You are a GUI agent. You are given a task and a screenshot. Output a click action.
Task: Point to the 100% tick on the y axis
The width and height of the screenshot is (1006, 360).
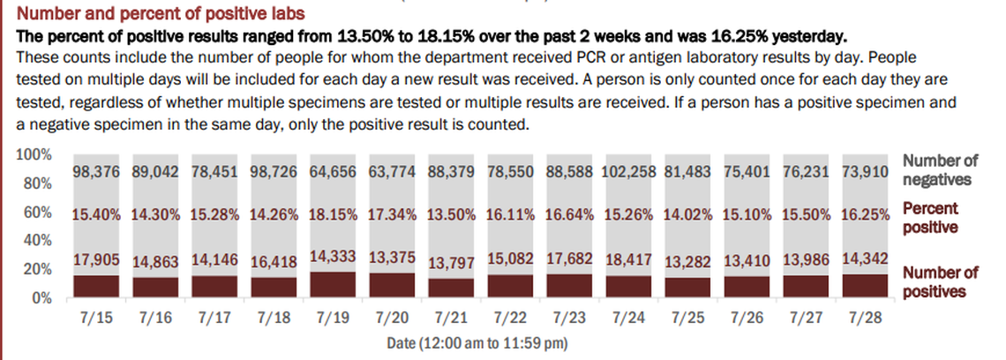pyautogui.click(x=34, y=155)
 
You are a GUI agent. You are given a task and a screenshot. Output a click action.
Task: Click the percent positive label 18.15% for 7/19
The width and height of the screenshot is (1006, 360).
pyautogui.click(x=332, y=214)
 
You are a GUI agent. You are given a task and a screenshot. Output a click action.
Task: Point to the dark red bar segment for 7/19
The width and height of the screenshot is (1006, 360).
pyautogui.click(x=332, y=284)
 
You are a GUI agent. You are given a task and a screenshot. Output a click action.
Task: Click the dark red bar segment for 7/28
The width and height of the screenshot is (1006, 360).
pyautogui.click(x=863, y=286)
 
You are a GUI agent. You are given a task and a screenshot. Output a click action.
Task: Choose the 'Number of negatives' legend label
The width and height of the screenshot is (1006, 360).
pyautogui.click(x=942, y=170)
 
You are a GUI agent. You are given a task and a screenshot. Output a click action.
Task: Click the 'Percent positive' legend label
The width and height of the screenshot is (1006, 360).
pyautogui.click(x=933, y=218)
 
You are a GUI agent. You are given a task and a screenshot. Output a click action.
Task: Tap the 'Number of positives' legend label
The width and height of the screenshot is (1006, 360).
pyautogui.click(x=937, y=281)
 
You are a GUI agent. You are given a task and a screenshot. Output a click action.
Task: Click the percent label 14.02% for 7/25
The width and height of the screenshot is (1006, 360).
pyautogui.click(x=687, y=214)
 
